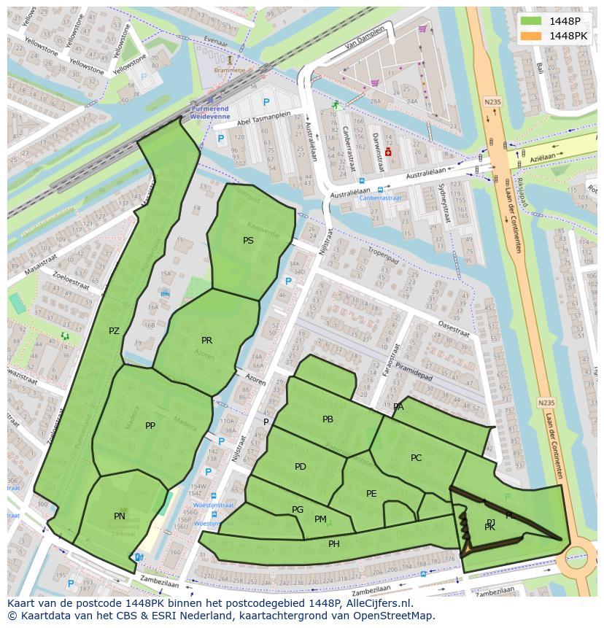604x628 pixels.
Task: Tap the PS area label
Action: [x=248, y=240]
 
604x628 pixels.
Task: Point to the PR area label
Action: [x=206, y=341]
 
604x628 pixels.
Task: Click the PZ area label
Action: [x=114, y=331]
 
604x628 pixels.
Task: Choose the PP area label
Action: [x=150, y=426]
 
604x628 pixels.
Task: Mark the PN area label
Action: [x=120, y=516]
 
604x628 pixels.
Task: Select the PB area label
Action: [x=328, y=419]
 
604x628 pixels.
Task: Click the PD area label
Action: [x=301, y=467]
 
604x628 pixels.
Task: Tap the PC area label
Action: [x=416, y=458]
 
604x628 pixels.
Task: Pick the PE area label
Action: [x=371, y=494]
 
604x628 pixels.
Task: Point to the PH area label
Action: [x=334, y=544]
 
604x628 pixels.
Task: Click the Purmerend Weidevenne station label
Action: [x=209, y=112]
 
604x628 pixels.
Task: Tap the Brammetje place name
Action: [x=230, y=70]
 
